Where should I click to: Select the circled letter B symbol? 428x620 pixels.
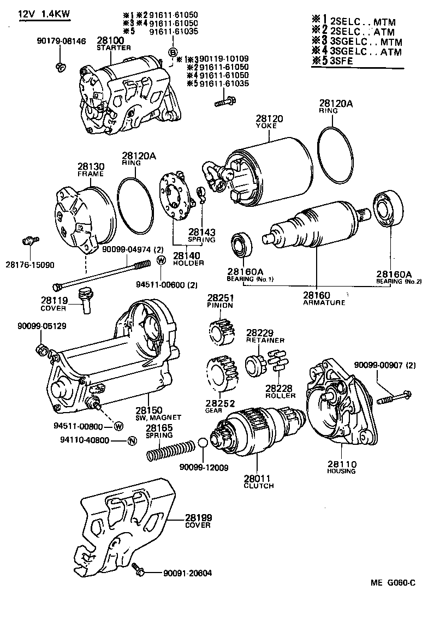tap(172, 52)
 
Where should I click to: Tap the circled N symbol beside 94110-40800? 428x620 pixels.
tap(132, 440)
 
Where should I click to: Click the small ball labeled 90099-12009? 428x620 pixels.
tap(202, 442)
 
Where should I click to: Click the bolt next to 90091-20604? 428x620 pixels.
tap(138, 570)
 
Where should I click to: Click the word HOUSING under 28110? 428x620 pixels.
tap(341, 470)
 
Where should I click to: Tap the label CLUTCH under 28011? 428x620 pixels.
tap(258, 485)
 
